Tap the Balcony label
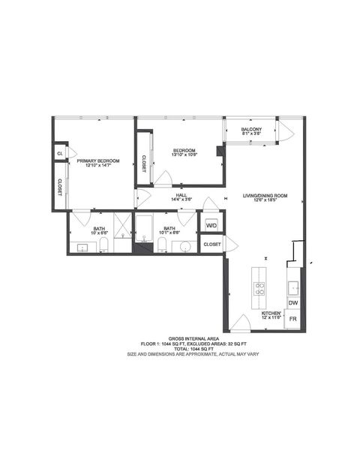[251, 130]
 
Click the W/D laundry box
[211, 224]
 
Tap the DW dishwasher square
[293, 302]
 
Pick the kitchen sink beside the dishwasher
[292, 286]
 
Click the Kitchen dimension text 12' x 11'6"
[271, 318]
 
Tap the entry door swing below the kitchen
[240, 324]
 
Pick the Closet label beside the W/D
[211, 245]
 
